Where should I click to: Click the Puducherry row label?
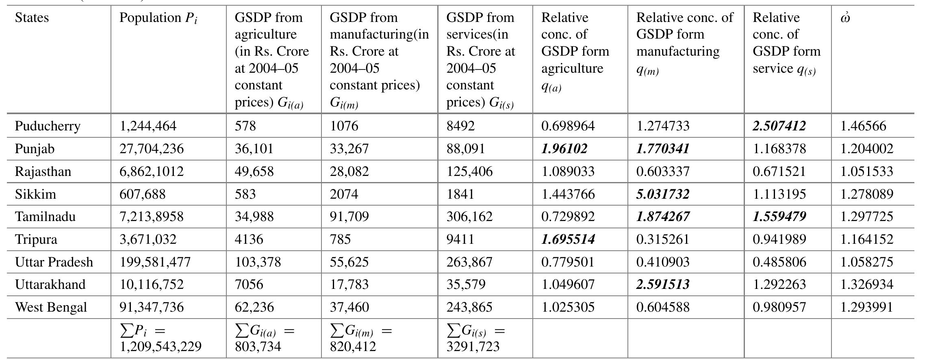click(x=48, y=126)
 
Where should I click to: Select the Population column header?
click(x=158, y=18)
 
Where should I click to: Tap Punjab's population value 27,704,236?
click(x=151, y=149)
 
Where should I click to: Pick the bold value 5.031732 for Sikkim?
click(x=662, y=194)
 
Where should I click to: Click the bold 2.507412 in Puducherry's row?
click(x=779, y=126)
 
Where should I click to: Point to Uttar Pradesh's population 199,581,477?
click(x=155, y=262)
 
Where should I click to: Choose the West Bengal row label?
click(x=51, y=307)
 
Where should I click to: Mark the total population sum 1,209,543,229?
click(x=160, y=347)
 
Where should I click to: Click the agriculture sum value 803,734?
click(x=258, y=347)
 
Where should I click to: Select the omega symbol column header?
click(x=845, y=18)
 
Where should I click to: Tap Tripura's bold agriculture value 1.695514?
click(x=568, y=239)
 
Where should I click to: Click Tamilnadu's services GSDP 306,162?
click(x=469, y=217)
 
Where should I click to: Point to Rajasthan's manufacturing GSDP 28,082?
click(x=349, y=171)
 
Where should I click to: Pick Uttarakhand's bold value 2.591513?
click(x=662, y=284)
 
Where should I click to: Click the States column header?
click(x=32, y=18)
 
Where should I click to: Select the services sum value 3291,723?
click(x=473, y=347)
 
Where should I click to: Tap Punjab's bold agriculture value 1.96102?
click(x=564, y=149)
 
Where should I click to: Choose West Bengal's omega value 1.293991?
click(x=866, y=307)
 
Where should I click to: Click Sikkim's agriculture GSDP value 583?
click(x=245, y=194)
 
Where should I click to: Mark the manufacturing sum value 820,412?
click(x=353, y=347)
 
